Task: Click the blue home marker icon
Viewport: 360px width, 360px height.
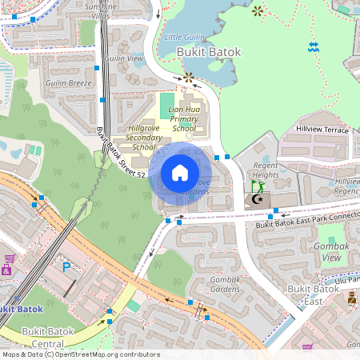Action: pos(180,173)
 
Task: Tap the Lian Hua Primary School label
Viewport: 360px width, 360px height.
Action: pos(184,120)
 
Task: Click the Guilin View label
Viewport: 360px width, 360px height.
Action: pos(124,58)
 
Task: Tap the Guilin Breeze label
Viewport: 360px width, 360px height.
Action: pos(69,82)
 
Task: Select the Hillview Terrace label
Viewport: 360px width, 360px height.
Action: pos(322,129)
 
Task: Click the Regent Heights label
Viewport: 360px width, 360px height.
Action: pos(266,170)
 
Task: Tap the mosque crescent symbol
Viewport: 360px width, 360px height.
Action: pos(258,199)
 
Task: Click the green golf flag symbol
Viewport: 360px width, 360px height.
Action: pos(257,186)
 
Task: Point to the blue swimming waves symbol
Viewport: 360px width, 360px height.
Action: pos(312,48)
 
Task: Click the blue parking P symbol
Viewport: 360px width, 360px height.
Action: pos(66,266)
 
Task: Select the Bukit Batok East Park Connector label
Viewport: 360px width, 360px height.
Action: pos(307,222)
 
